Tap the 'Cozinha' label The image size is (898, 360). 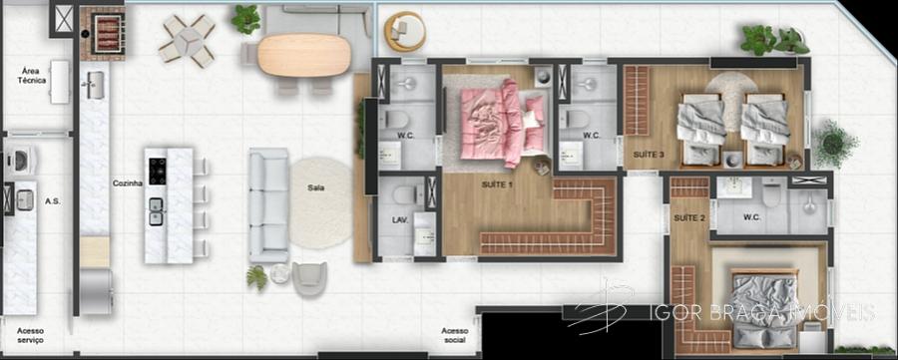click(x=128, y=183)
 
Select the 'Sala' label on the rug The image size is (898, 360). click(x=315, y=187)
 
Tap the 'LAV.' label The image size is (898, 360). click(x=400, y=219)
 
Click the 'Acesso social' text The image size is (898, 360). click(x=454, y=335)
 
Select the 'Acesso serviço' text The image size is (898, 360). click(x=30, y=335)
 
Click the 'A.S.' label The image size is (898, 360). click(x=52, y=201)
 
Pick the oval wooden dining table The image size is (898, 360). click(x=303, y=56)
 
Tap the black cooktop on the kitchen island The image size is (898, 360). click(x=158, y=172)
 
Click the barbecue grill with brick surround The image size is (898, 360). click(x=102, y=33)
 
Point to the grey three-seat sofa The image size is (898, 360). click(x=268, y=204)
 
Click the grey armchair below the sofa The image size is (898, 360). click(x=309, y=278)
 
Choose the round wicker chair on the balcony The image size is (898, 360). click(x=405, y=30)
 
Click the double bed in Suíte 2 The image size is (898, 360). click(x=764, y=308)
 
